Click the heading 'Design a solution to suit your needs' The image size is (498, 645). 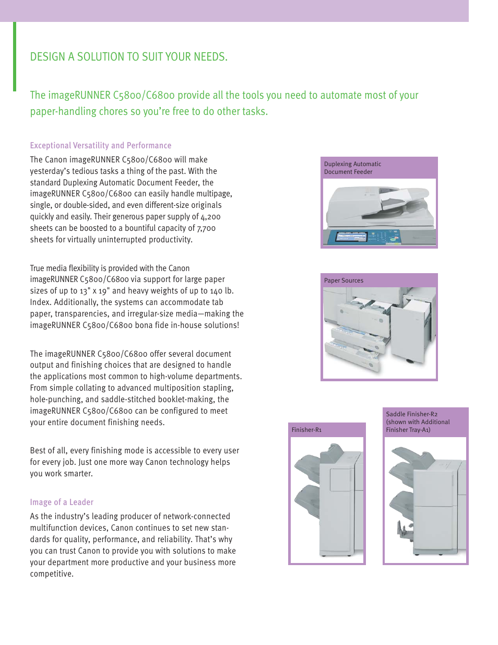[x=128, y=57]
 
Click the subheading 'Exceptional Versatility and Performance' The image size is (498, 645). [x=100, y=146]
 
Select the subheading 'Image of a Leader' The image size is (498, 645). [x=62, y=502]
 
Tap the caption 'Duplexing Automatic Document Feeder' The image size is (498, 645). [x=352, y=168]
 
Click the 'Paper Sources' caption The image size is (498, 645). [x=343, y=280]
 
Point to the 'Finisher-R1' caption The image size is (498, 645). [x=306, y=430]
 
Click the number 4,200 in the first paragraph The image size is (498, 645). [x=210, y=217]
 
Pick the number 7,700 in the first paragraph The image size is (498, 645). [x=206, y=228]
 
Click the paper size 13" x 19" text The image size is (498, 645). [x=95, y=291]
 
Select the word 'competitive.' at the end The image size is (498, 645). [x=52, y=574]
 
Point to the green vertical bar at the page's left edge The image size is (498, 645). [x=15, y=56]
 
